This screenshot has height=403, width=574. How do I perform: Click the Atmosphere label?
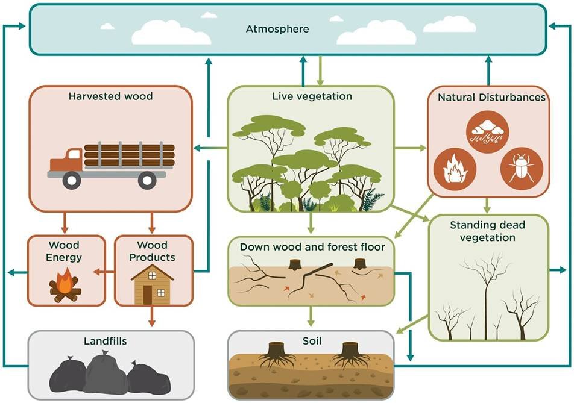277,28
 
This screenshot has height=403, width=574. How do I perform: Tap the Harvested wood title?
110,96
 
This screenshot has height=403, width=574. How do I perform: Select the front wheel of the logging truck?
72,179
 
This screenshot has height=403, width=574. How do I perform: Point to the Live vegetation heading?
312,96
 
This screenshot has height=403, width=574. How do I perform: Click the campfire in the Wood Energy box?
65,285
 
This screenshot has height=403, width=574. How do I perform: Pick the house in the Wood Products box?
152,284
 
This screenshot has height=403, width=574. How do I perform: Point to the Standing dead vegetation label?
488,231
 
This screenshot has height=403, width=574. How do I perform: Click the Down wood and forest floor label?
312,246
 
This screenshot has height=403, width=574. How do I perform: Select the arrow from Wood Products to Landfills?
152,317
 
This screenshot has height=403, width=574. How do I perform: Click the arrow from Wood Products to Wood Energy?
107,272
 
